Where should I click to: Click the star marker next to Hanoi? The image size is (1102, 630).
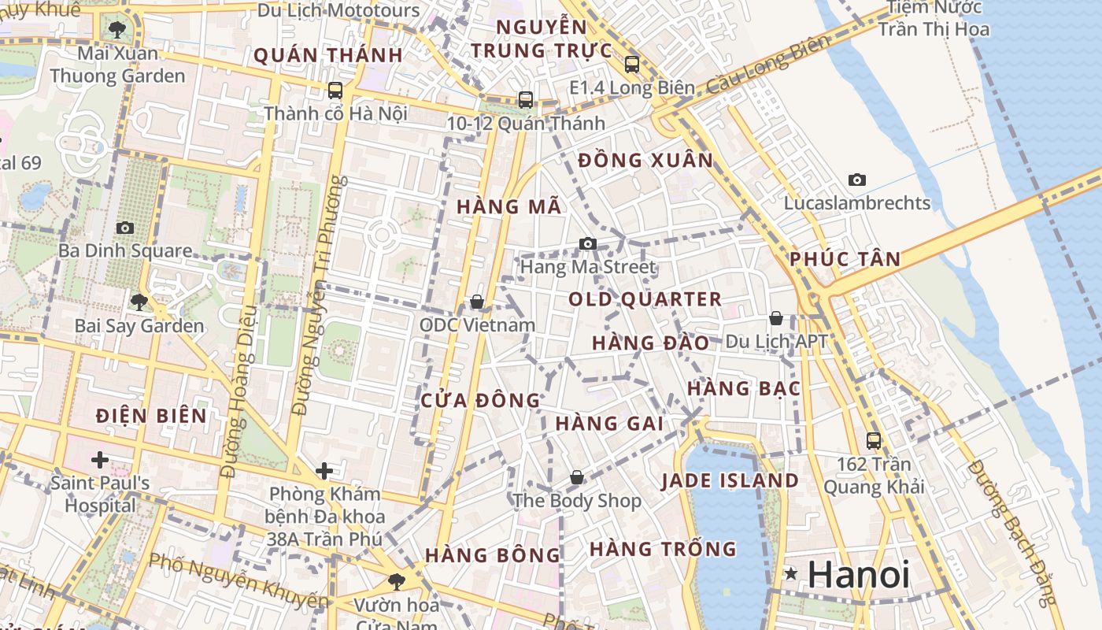pos(791,574)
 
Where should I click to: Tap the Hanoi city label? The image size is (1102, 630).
pos(859,574)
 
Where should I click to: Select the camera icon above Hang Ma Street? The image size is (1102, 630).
pos(587,244)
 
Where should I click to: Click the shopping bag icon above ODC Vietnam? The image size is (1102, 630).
pos(476,302)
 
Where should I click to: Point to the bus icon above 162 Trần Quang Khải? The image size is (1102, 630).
pos(874,441)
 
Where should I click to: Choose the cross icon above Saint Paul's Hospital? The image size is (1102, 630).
pos(100,458)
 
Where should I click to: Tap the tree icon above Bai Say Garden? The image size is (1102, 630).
pos(139,302)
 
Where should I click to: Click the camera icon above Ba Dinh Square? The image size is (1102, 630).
pos(124,228)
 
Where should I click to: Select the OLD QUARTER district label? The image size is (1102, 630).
pos(645,299)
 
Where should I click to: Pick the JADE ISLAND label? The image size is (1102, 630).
pos(730,480)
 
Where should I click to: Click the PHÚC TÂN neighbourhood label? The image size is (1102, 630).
pos(845,259)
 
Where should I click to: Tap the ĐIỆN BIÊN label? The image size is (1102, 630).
pos(152,416)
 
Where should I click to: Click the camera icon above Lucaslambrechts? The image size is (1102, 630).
pos(857,180)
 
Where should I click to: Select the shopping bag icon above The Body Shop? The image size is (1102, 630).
pos(577,477)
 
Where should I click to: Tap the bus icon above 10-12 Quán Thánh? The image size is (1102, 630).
pos(526,100)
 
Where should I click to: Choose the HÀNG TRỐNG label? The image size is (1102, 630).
pos(663,548)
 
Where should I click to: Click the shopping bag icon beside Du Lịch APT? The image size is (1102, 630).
pos(776,318)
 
